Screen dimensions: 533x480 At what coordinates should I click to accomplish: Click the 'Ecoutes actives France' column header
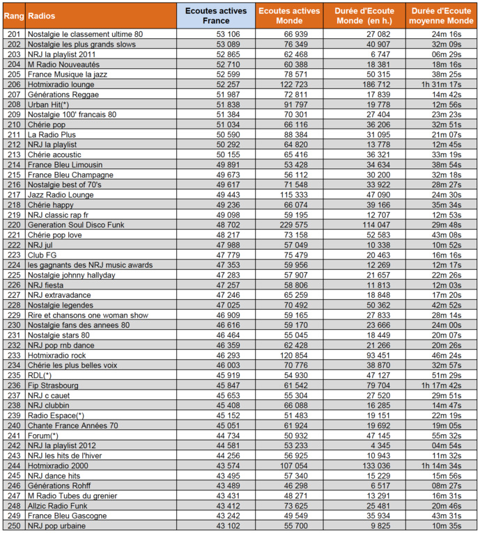tap(212, 15)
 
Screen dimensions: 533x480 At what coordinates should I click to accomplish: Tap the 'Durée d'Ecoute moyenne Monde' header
tap(440, 15)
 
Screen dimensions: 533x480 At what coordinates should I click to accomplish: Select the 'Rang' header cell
tap(14, 15)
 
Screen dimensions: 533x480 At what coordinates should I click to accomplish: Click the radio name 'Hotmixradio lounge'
tap(61, 84)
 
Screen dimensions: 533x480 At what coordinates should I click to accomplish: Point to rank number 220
tap(14, 225)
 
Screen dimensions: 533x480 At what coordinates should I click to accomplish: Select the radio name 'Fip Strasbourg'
tap(53, 385)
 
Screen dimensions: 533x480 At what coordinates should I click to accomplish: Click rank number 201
tap(14, 34)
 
